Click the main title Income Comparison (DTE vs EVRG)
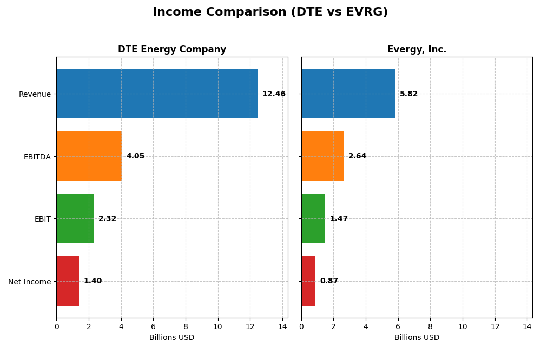pos(270,12)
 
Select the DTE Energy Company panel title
pos(172,50)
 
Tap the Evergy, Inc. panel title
pos(417,50)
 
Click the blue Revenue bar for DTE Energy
pos(157,94)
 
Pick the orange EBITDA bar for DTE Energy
pos(89,156)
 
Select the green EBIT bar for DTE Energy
pos(75,218)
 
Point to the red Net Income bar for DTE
pos(68,281)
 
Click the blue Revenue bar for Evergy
pos(348,94)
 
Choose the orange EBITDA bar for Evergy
pos(322,156)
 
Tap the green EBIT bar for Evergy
pos(313,218)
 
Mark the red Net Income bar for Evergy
pos(308,281)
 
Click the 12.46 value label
pos(274,94)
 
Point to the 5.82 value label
pos(408,94)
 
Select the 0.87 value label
pos(329,281)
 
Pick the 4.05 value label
pos(135,156)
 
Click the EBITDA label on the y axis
pos(37,157)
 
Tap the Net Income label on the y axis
pos(29,282)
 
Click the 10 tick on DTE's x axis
pos(217,327)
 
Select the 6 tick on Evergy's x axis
pos(398,327)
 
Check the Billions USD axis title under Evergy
pos(417,338)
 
